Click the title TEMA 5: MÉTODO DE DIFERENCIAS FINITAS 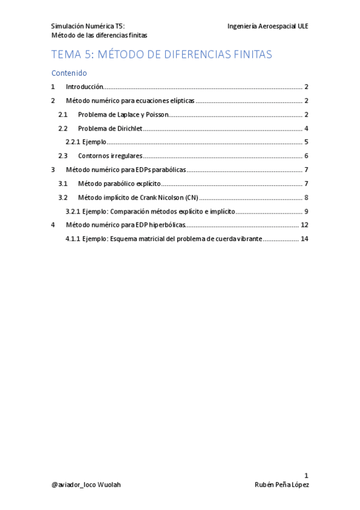point(162,55)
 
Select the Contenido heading point(69,73)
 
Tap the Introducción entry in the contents point(84,87)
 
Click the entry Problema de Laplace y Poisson point(123,114)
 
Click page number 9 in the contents point(306,211)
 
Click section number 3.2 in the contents point(63,197)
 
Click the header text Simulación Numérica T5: point(88,26)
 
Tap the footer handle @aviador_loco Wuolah point(86,485)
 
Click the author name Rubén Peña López point(281,485)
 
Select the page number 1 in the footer point(306,475)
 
